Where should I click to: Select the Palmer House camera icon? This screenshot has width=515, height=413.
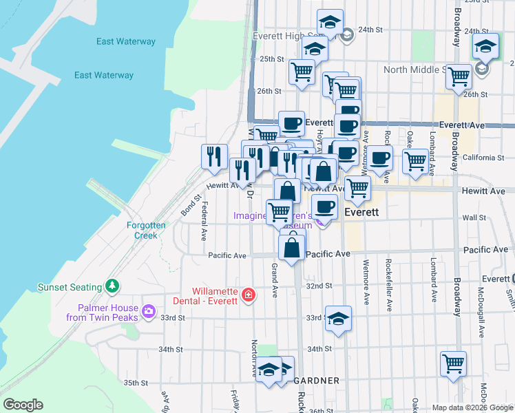pyautogui.click(x=148, y=313)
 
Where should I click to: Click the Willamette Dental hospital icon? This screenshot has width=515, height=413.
pyautogui.click(x=249, y=297)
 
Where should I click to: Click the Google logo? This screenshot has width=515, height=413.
pyautogui.click(x=22, y=405)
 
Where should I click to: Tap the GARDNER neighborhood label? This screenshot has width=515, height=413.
pyautogui.click(x=316, y=381)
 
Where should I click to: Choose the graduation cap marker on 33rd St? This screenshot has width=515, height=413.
pyautogui.click(x=337, y=318)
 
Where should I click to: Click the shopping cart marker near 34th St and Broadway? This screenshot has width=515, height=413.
pyautogui.click(x=453, y=363)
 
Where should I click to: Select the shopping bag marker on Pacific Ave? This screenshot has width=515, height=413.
pyautogui.click(x=292, y=246)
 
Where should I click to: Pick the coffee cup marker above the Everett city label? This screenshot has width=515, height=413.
pyautogui.click(x=325, y=205)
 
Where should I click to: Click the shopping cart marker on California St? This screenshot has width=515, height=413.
pyautogui.click(x=414, y=160)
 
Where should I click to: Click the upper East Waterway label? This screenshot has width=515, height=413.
pyautogui.click(x=126, y=41)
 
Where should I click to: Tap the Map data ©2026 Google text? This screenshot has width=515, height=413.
pyautogui.click(x=472, y=407)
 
